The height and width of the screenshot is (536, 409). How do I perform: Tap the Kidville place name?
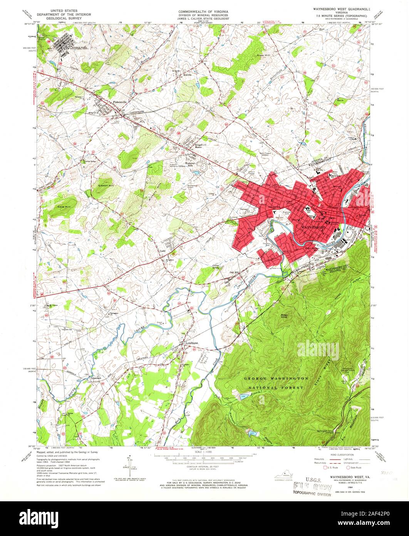coord(188,75)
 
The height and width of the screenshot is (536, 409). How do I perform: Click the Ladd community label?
coord(163,250)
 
